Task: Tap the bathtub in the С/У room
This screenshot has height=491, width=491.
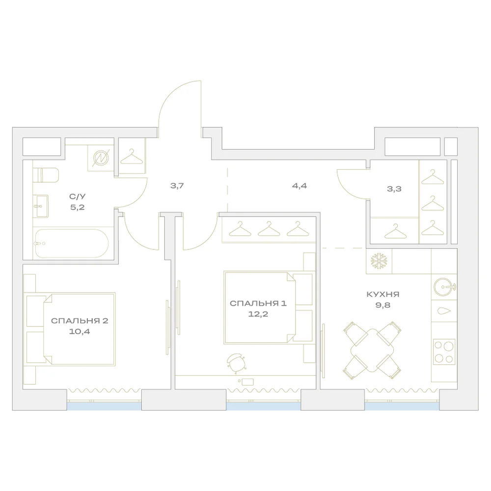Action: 71,244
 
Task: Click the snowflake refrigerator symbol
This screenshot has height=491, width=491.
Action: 379,261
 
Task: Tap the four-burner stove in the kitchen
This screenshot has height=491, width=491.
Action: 444,352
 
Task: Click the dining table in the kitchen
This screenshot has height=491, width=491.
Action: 372,350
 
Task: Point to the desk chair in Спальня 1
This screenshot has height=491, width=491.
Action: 236,363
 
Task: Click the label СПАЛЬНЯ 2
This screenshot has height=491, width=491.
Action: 80,321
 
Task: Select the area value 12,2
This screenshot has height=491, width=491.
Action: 258,314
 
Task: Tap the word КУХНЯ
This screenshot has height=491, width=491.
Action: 382,294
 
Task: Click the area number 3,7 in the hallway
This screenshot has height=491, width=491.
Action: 177,186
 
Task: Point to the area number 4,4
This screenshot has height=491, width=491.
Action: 300,186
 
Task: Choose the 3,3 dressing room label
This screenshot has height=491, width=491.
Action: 394,189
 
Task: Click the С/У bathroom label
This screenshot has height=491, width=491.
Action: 77,197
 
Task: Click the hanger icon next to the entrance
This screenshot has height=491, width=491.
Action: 132,157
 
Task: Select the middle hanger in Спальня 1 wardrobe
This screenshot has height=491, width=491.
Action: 269,229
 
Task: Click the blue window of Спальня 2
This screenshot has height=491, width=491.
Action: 104,406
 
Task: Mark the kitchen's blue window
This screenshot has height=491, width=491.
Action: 402,406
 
